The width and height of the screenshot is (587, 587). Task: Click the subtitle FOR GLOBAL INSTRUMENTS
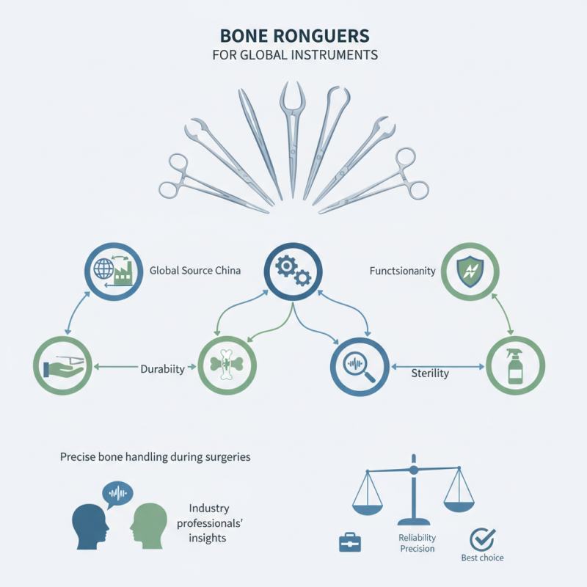[x=293, y=55]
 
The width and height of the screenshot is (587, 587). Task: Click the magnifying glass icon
[x=360, y=364]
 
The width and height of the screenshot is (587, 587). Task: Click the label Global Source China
[x=195, y=270]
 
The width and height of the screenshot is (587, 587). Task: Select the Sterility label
[x=429, y=373]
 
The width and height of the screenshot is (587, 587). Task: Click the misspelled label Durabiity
[x=162, y=369]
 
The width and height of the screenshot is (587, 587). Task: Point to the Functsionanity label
[x=403, y=271]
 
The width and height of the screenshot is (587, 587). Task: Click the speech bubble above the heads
[x=117, y=495]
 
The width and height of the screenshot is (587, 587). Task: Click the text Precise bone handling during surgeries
[x=155, y=456]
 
